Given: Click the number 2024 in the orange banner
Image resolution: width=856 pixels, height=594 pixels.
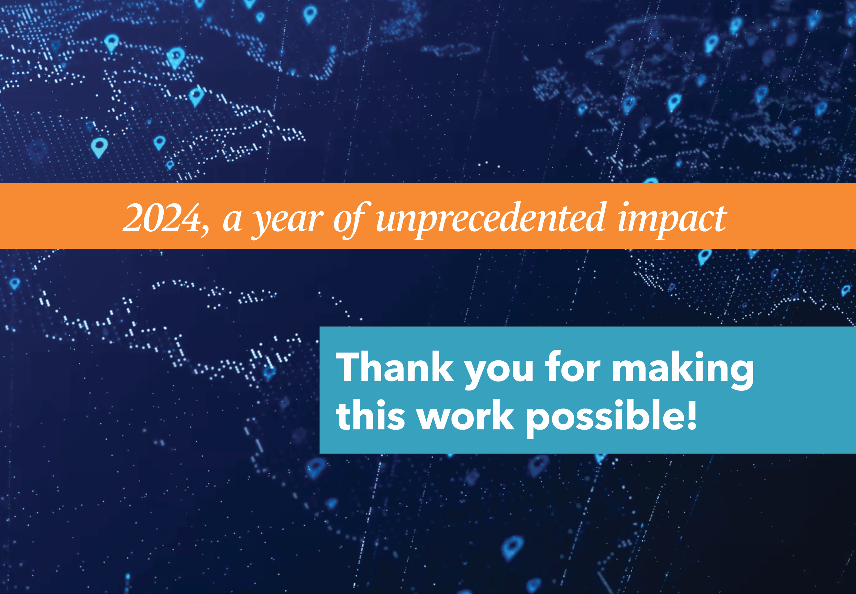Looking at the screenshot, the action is pyautogui.click(x=162, y=218).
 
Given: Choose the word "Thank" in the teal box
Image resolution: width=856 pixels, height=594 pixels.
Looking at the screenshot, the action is pyautogui.click(x=395, y=367).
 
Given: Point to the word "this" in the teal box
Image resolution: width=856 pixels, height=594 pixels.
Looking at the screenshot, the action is pyautogui.click(x=371, y=415).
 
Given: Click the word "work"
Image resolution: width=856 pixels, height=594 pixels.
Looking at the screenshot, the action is pyautogui.click(x=465, y=415).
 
